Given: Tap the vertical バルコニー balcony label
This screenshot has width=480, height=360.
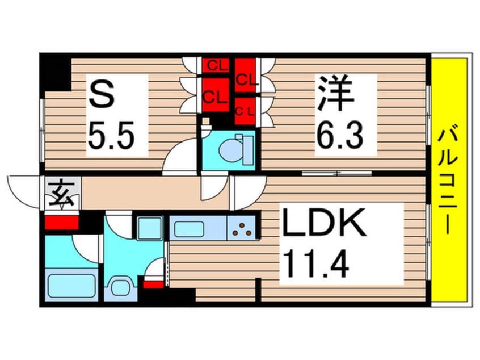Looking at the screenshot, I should click(x=448, y=182).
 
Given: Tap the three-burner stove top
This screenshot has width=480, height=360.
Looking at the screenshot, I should click(x=242, y=228).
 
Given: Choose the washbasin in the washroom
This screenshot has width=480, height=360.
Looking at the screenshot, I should click(x=121, y=287).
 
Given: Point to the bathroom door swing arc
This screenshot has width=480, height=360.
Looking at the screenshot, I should click(x=87, y=245).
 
